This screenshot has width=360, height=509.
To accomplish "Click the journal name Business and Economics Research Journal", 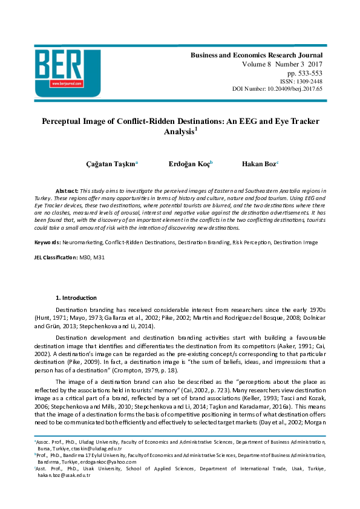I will tap(257, 55).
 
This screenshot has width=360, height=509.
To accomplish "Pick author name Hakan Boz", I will tap(258, 164).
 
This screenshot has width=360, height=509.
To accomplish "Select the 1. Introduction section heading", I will tap(76, 298).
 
